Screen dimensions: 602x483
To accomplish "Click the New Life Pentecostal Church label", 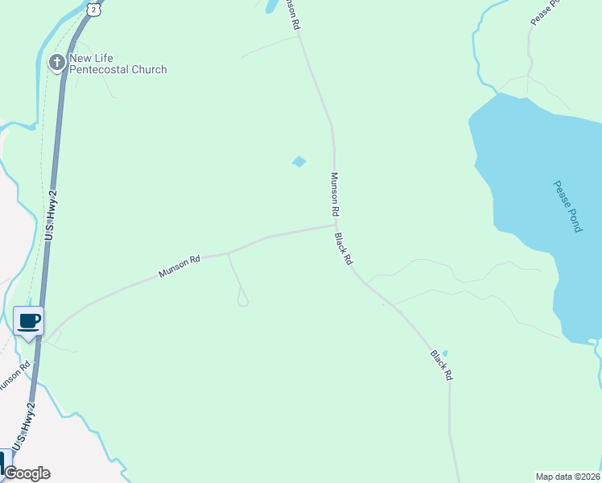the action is pyautogui.click(x=118, y=64).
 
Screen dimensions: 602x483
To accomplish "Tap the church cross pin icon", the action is pyautogui.click(x=57, y=63).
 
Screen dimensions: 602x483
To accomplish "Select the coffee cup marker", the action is pyautogui.click(x=29, y=322).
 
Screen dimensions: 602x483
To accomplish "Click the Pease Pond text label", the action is pyautogui.click(x=567, y=206).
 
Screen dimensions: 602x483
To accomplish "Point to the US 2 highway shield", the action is pyautogui.click(x=94, y=9).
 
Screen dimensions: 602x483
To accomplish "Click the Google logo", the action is pyautogui.click(x=27, y=473).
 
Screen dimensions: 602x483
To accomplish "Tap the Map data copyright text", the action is pyautogui.click(x=568, y=476).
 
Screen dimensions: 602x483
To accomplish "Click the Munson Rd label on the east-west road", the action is pyautogui.click(x=179, y=266).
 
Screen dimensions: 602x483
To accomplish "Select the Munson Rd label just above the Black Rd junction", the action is pyautogui.click(x=335, y=194).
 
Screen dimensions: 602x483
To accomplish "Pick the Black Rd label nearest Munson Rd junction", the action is pyautogui.click(x=344, y=250).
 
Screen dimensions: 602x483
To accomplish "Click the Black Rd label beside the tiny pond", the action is pyautogui.click(x=441, y=365).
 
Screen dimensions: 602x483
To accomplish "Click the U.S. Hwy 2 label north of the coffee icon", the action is pyautogui.click(x=52, y=215).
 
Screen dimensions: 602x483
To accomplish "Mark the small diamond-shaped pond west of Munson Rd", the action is pyautogui.click(x=299, y=162).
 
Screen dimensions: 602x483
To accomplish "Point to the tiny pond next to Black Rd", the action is pyautogui.click(x=445, y=353).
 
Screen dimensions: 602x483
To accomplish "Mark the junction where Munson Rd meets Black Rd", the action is pyautogui.click(x=335, y=226).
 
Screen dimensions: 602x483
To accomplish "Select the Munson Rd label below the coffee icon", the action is pyautogui.click(x=14, y=375).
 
